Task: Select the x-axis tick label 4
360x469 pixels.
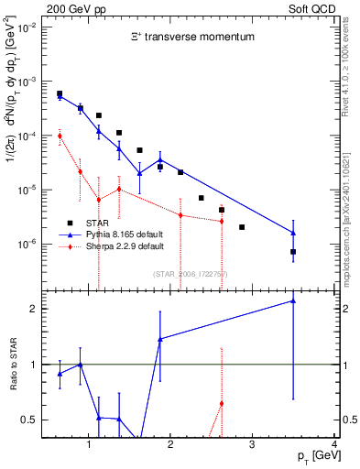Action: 334,445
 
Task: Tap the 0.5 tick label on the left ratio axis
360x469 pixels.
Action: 27,420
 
